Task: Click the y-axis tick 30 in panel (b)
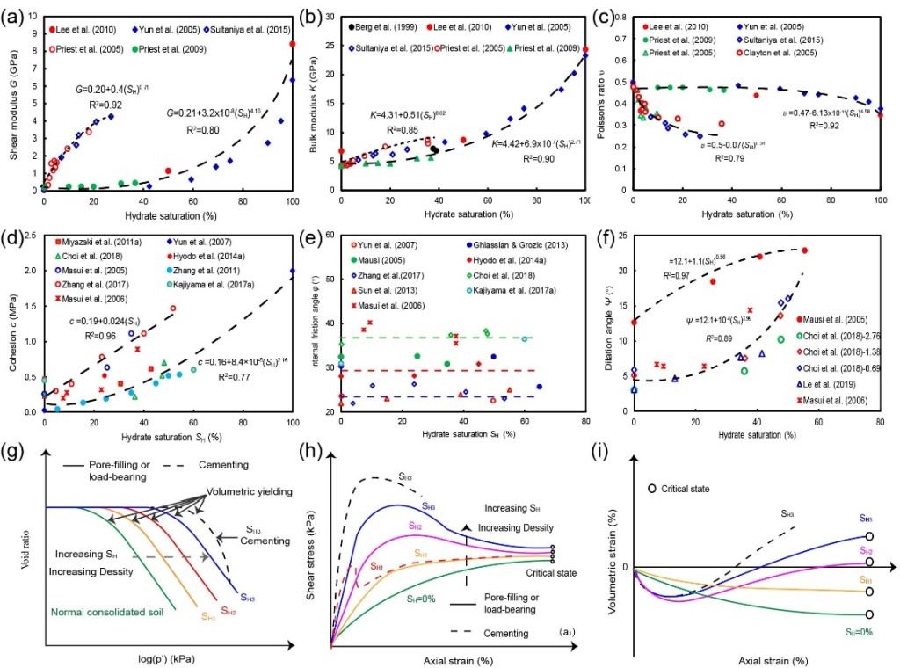click(x=326, y=17)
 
